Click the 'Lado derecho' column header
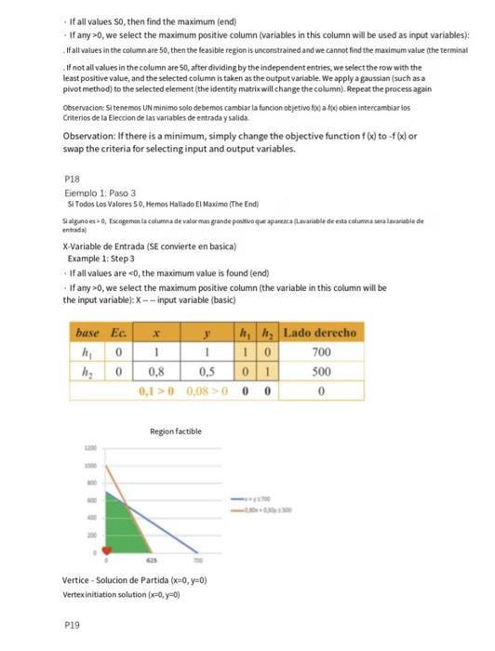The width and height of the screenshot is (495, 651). [319, 333]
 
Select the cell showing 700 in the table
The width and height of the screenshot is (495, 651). [319, 353]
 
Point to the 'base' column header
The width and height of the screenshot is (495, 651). [88, 333]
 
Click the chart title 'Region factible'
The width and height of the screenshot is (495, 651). [174, 431]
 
